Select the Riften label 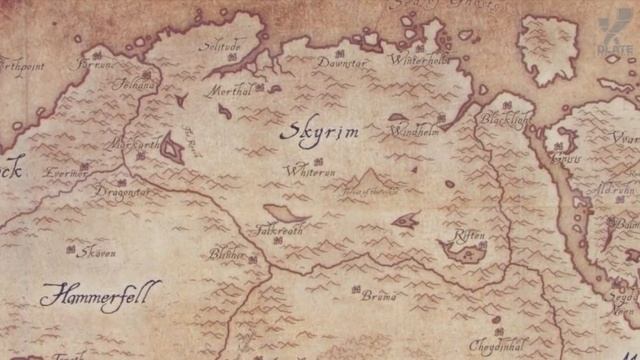(469, 237)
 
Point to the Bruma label (380, 296)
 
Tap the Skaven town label (96, 253)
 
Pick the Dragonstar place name (123, 190)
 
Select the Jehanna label (138, 86)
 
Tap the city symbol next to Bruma (357, 289)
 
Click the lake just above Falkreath (286, 213)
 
